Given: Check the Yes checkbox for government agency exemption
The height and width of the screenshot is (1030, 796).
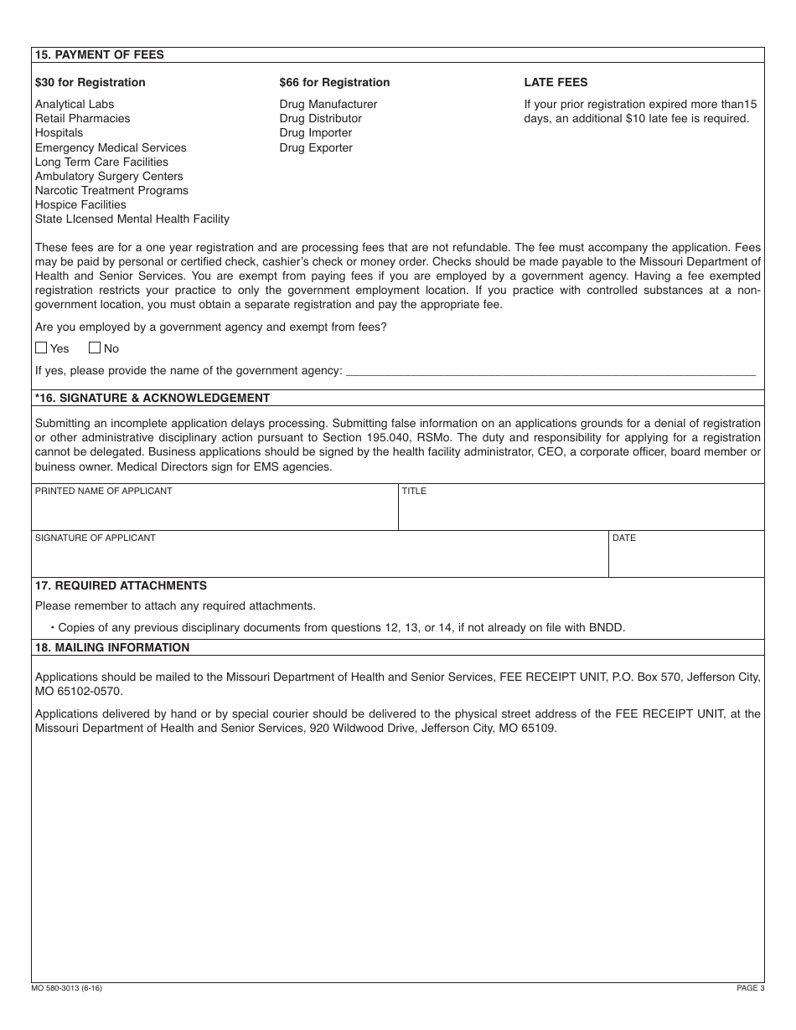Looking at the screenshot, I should click(x=41, y=348).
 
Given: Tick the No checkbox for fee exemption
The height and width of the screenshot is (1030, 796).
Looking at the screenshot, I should click(x=95, y=348).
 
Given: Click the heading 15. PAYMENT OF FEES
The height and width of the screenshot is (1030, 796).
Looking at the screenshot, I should click(x=99, y=54).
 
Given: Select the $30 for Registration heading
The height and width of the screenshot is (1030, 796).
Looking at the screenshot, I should click(x=90, y=82).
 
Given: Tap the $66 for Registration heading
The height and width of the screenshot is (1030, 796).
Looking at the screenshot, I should click(x=334, y=82).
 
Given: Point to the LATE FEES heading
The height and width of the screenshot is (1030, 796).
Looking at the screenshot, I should click(x=556, y=82).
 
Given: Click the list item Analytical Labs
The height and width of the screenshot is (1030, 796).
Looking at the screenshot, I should click(x=73, y=104).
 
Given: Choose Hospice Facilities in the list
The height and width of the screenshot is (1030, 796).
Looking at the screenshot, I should click(x=80, y=204).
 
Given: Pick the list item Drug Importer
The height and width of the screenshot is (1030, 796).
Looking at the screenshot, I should click(x=315, y=132).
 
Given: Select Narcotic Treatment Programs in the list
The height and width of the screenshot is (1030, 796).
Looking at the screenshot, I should click(x=111, y=190).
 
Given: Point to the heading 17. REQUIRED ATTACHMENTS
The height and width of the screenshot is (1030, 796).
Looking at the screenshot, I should click(x=121, y=585).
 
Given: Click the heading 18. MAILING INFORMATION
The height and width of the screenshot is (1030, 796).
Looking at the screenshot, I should click(x=111, y=647).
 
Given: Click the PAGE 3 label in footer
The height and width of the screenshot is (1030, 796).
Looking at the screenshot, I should click(x=750, y=988).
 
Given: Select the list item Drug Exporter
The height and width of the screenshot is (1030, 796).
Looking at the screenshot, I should click(x=316, y=147).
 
